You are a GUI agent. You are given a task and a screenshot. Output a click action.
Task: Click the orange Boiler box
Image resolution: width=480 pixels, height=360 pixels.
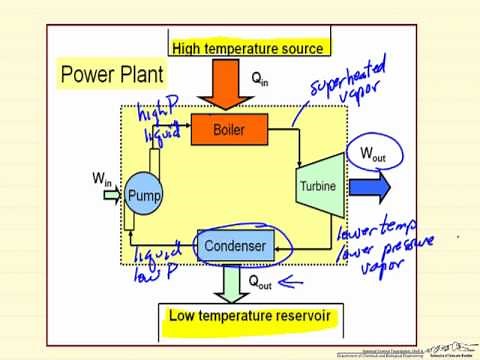coord(229,129)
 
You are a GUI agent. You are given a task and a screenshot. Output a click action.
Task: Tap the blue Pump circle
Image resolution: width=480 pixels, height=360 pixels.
coord(144,194)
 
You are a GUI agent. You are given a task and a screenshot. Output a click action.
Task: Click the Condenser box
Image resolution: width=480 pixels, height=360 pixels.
coord(234,245)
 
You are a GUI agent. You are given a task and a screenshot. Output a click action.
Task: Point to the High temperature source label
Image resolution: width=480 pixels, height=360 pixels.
coord(247,48)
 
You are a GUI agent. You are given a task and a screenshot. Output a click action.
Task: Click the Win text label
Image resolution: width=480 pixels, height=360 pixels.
coord(102,179)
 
